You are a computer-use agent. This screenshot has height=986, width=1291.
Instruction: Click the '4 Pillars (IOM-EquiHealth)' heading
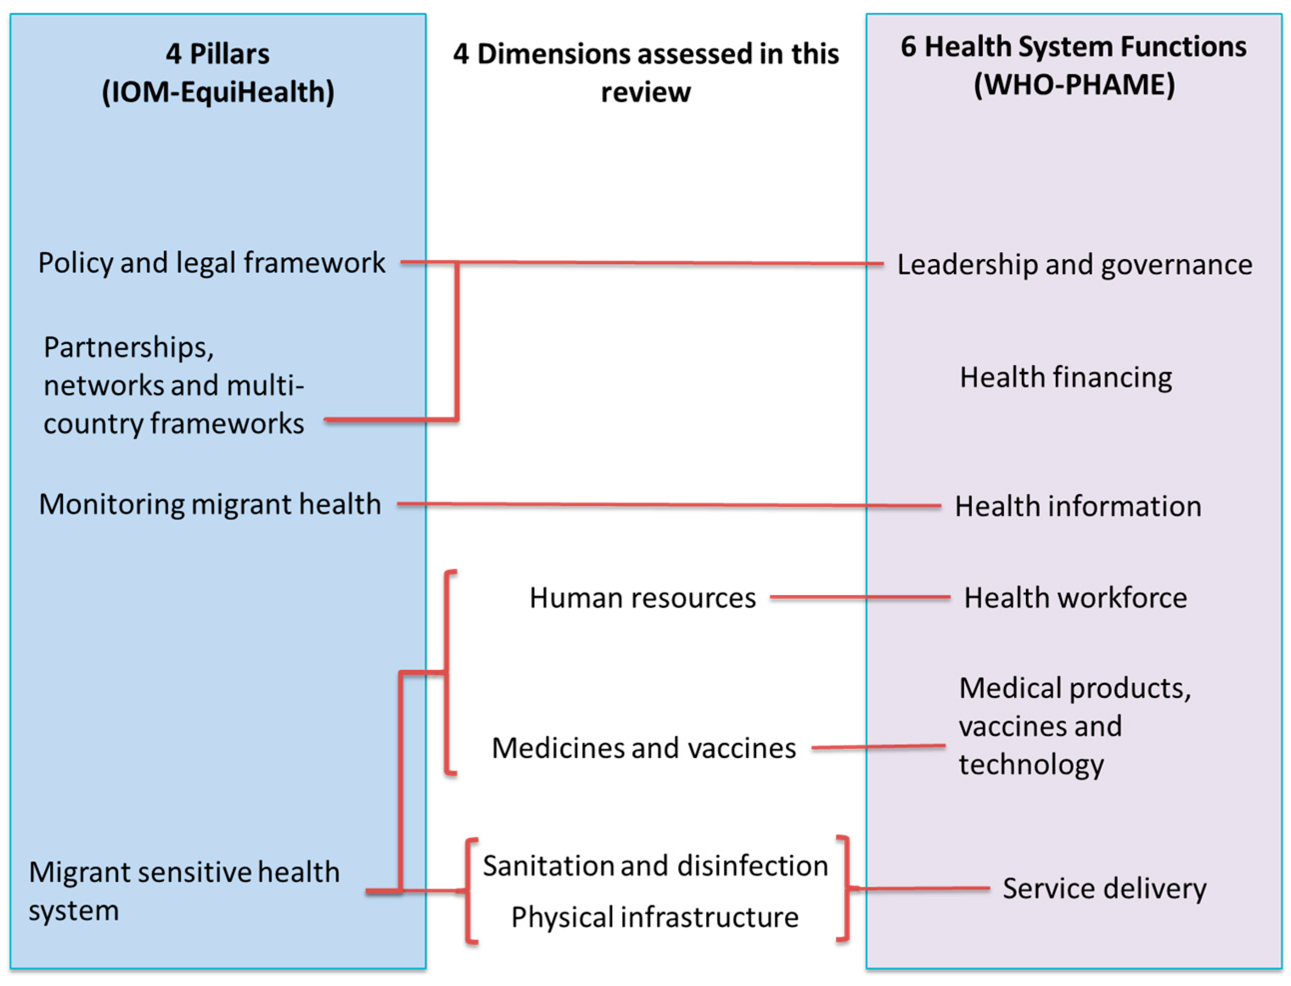pyautogui.click(x=217, y=73)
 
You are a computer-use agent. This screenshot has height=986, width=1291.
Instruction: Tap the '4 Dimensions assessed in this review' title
pyautogui.click(x=645, y=73)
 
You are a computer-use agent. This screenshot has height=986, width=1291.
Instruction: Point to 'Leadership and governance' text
pyautogui.click(x=1074, y=265)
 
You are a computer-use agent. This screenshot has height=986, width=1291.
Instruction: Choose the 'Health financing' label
pyautogui.click(x=1065, y=377)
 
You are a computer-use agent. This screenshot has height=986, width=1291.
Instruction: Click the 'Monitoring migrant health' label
pyautogui.click(x=210, y=504)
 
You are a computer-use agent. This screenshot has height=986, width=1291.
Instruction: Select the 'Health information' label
pyautogui.click(x=1078, y=506)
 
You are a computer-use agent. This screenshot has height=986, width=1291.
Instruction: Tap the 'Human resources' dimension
pyautogui.click(x=643, y=598)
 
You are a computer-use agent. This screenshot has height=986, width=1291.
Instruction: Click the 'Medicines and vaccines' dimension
pyautogui.click(x=644, y=748)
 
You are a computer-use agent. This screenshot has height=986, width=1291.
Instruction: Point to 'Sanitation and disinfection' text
pyautogui.click(x=655, y=866)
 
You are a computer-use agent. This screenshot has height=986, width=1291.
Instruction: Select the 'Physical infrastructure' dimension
pyautogui.click(x=655, y=917)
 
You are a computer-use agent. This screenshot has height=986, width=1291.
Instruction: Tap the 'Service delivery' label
pyautogui.click(x=1104, y=889)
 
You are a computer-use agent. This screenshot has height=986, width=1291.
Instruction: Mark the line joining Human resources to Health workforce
pyautogui.click(x=860, y=598)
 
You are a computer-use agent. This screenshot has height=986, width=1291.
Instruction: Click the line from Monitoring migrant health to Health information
pyautogui.click(x=669, y=504)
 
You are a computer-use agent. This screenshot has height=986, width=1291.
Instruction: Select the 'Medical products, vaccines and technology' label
pyautogui.click(x=1074, y=726)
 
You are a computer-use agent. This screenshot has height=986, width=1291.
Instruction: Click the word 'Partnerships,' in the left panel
pyautogui.click(x=128, y=347)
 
